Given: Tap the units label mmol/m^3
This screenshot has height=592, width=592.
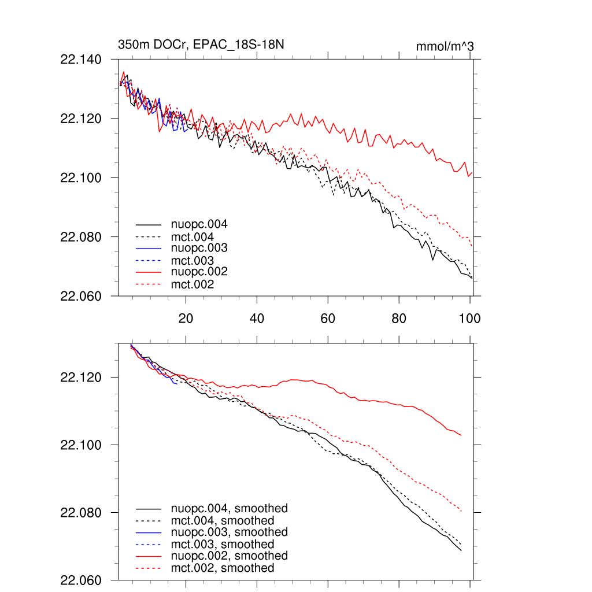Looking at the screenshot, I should [x=445, y=46].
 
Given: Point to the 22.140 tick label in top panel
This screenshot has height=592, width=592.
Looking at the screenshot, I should [x=80, y=60].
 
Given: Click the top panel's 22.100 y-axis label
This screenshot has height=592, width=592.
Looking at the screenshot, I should [x=80, y=177].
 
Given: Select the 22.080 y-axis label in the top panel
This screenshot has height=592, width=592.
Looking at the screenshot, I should [x=80, y=237].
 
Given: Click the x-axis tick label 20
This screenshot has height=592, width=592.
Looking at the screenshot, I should [x=186, y=318].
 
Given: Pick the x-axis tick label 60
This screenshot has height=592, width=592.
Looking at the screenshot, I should [x=328, y=318].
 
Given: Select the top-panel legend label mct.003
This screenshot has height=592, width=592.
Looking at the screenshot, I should [x=192, y=261].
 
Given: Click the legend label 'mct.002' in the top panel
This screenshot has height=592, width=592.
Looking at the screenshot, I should [x=192, y=284].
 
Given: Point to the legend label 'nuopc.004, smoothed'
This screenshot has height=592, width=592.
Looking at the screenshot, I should [x=229, y=509].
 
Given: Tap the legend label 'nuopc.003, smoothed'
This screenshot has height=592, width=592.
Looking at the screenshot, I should [x=229, y=532].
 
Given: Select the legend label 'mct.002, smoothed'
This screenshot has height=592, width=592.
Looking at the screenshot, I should [x=223, y=568].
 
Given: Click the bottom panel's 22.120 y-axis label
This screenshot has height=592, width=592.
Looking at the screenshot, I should [x=80, y=378].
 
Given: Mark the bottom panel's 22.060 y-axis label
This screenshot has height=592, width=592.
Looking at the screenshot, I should [x=80, y=580].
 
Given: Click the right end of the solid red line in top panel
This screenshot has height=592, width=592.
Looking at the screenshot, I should [x=472, y=172].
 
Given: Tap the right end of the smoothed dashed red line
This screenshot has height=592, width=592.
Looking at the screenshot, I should [x=461, y=511].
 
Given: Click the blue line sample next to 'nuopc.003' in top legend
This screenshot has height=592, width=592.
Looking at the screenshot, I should [x=148, y=248].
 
